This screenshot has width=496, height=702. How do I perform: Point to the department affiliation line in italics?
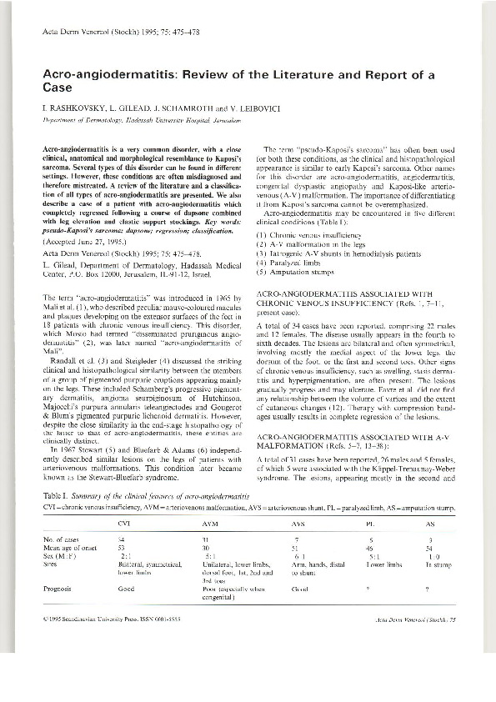(141, 121)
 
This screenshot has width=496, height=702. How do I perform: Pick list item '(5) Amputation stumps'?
(298, 271)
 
